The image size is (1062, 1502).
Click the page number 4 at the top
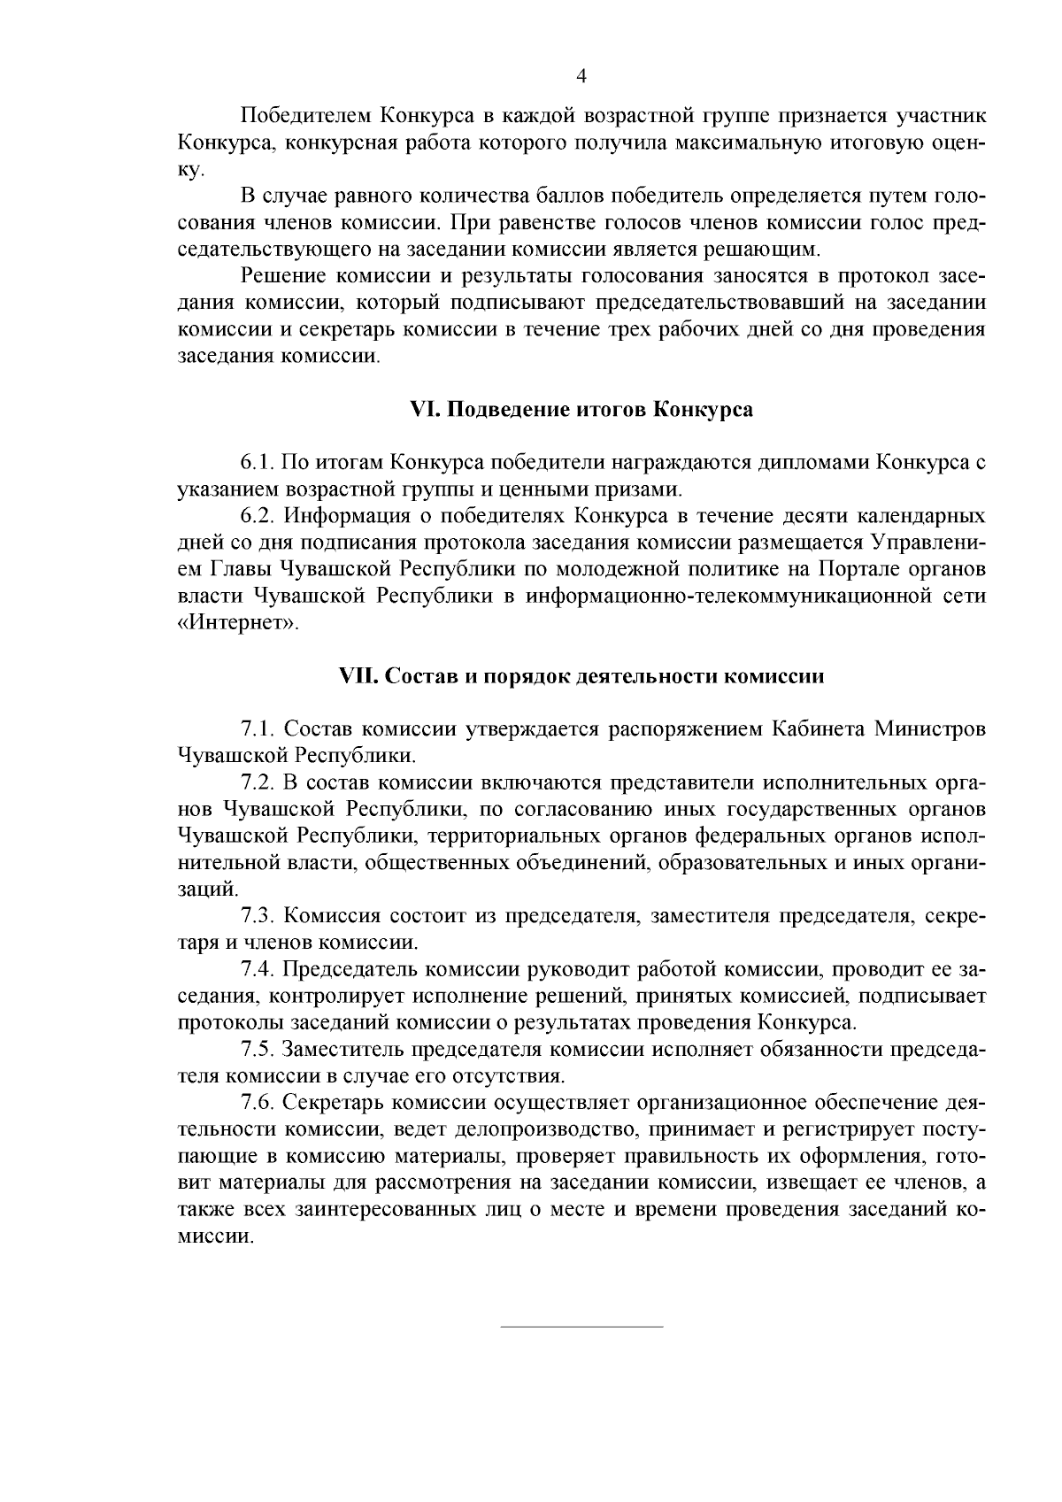581,76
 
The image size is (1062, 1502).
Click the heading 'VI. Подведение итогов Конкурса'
581,410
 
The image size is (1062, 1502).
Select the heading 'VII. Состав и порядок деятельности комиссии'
581,676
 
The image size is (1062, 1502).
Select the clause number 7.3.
260,915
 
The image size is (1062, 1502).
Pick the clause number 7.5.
260,1050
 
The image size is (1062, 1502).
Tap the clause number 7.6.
260,1103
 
